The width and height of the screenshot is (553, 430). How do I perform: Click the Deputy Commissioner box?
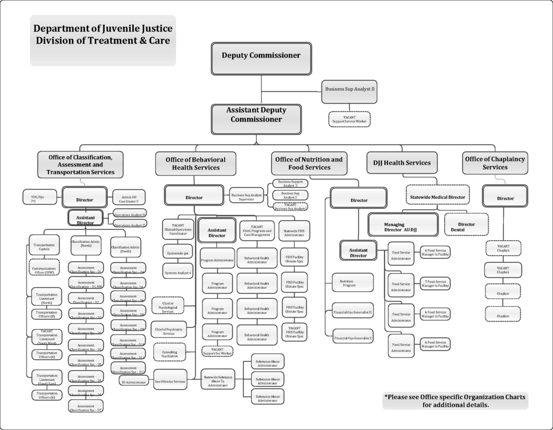261,55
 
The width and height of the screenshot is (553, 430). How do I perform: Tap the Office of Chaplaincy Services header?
495,163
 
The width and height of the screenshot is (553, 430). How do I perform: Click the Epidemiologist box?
178,254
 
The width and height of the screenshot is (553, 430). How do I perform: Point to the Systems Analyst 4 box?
178,273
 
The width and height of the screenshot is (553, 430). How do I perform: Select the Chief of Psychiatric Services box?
168,330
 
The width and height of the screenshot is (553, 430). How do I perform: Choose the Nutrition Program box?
352,284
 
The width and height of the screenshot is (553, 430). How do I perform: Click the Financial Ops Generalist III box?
352,312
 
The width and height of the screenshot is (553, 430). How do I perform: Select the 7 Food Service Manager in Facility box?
435,283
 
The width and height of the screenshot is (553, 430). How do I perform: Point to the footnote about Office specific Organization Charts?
455,400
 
